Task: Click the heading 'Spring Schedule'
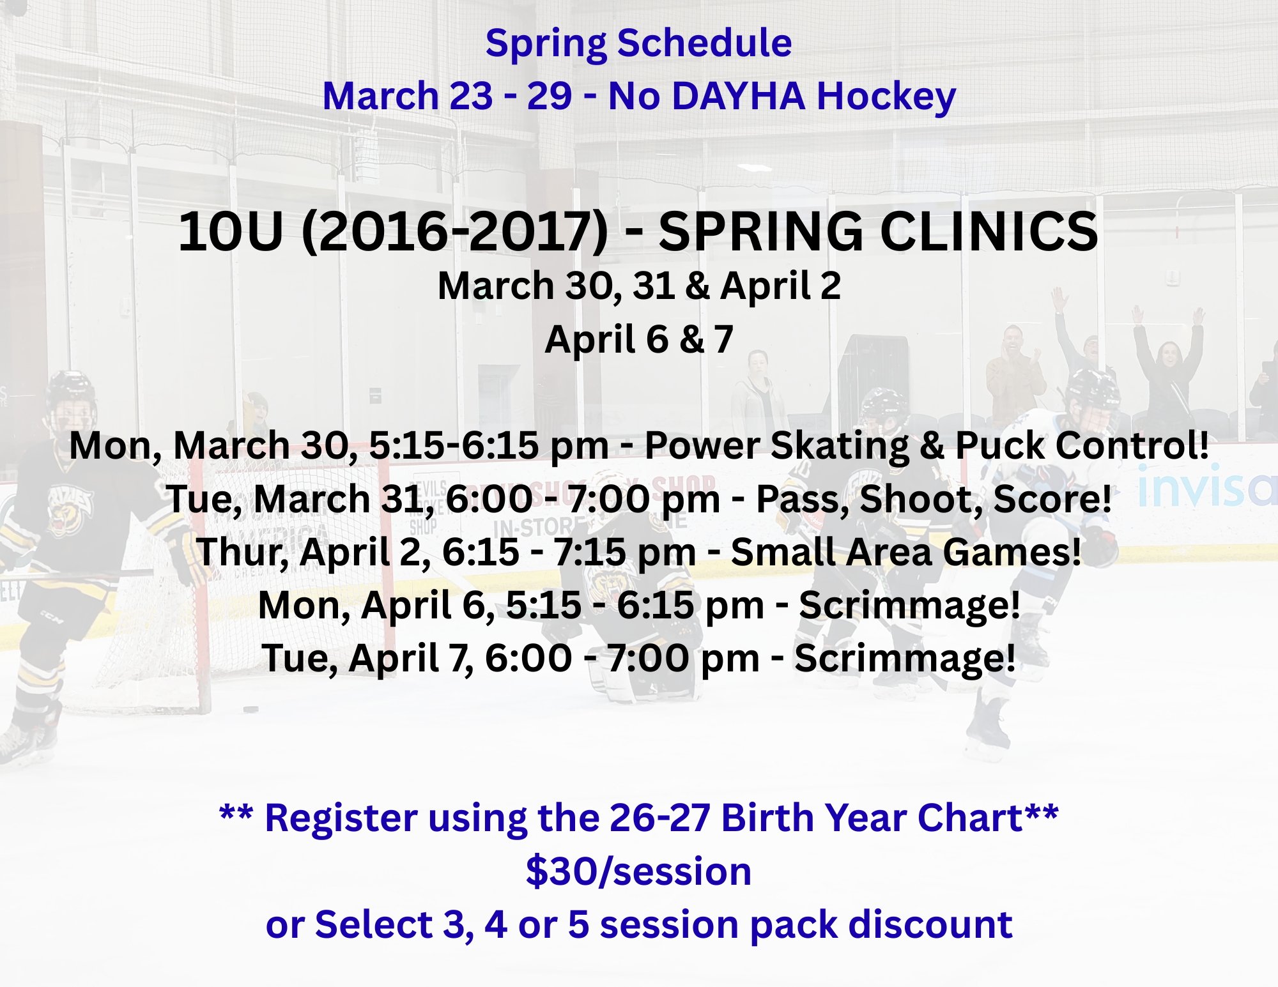[x=638, y=43]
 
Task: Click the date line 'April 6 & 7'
[x=639, y=339]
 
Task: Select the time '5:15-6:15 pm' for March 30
[x=489, y=445]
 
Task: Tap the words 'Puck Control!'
[x=1082, y=445]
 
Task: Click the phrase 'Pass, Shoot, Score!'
[x=934, y=499]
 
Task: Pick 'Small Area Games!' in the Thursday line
[x=905, y=552]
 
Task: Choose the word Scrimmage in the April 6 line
[x=909, y=605]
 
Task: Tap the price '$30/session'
[x=638, y=871]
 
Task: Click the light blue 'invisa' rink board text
[x=1206, y=487]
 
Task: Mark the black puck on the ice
[x=250, y=709]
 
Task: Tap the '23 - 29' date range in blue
[x=511, y=96]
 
